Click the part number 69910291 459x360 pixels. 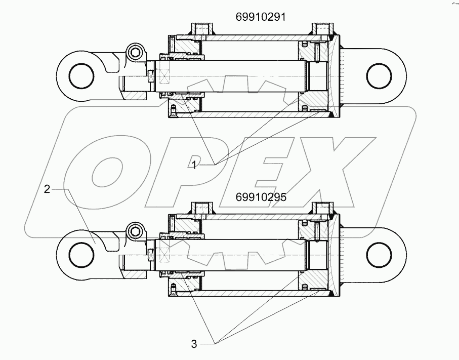(261, 17)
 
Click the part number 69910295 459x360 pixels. (261, 197)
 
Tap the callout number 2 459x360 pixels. (47, 189)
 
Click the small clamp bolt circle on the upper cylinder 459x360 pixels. (135, 52)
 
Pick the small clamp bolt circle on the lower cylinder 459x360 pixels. (135, 231)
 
